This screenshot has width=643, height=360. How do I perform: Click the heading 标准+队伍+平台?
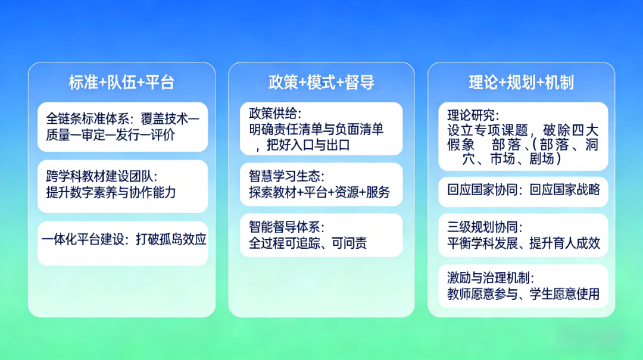tap(121, 83)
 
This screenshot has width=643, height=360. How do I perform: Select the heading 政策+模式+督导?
tap(321, 83)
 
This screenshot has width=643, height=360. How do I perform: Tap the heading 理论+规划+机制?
tap(521, 83)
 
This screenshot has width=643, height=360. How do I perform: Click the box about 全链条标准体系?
tap(123, 127)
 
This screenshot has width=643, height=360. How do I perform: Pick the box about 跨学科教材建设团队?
tap(123, 184)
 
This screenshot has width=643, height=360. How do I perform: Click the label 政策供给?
tap(275, 113)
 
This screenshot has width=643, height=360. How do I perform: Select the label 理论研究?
tap(473, 114)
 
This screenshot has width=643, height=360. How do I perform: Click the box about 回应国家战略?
tap(523, 190)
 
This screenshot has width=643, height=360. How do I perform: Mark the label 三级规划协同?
tap(485, 227)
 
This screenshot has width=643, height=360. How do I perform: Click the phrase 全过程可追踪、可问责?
tap(308, 243)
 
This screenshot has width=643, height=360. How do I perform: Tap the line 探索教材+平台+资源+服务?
tap(320, 192)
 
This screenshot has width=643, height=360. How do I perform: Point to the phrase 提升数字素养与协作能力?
tap(111, 192)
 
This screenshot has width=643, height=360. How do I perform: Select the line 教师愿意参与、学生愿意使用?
tap(523, 294)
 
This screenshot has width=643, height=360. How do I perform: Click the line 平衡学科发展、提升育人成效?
tap(523, 243)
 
